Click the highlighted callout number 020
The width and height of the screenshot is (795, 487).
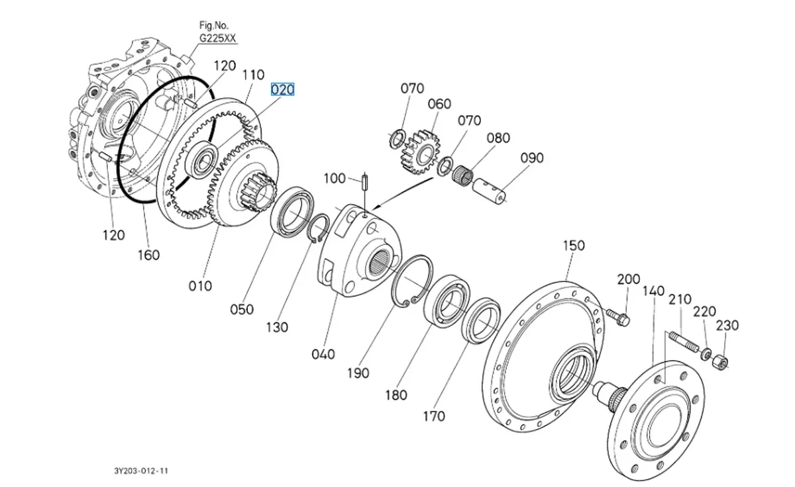(x=282, y=89)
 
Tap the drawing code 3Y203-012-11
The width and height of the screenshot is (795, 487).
(x=140, y=471)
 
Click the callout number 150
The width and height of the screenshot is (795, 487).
(x=574, y=245)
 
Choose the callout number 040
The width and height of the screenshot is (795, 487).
(x=323, y=355)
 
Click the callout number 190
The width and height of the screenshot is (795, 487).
(x=358, y=373)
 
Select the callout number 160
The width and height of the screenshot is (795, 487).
(x=148, y=255)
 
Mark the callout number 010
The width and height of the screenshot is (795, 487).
(x=200, y=286)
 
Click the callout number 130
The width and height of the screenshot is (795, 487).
(x=277, y=327)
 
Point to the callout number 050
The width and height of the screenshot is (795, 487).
(x=242, y=309)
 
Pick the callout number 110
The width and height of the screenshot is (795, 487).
(x=253, y=76)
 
